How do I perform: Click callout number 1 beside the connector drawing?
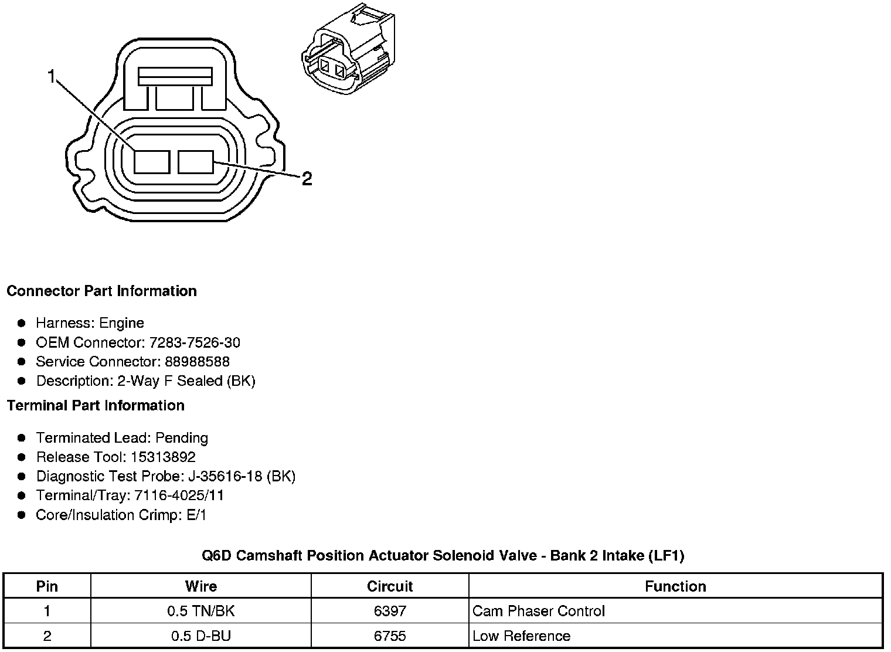pos(52,77)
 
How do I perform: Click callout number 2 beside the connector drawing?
pos(307,179)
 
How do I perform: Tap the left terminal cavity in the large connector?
pos(152,162)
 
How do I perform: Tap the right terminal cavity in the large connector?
pos(196,162)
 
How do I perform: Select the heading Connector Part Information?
pos(101,291)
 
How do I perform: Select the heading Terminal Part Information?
pos(96,406)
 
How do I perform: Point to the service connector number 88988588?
pos(197,362)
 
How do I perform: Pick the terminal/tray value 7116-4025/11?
pos(179,495)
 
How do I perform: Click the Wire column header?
pos(200,586)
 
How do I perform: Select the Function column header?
pos(675,586)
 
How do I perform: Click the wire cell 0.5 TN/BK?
pos(200,611)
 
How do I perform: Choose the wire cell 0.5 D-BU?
pos(200,636)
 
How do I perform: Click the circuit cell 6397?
pos(390,611)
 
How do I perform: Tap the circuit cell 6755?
pos(390,636)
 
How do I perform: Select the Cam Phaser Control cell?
pos(538,611)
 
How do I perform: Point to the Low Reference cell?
pos(521,636)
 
